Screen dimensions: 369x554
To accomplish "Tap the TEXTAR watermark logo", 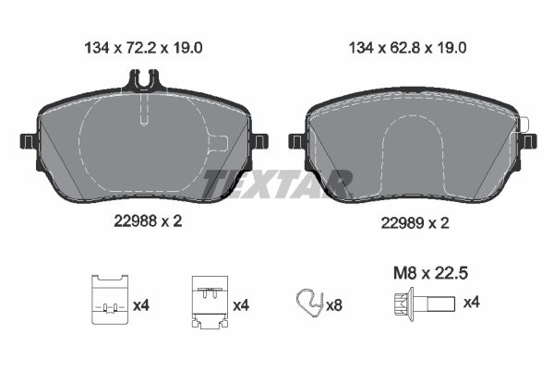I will tap(277, 184).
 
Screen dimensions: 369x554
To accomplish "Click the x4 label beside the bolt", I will tap(470, 302).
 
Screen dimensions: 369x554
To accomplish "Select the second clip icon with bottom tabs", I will tap(208, 302).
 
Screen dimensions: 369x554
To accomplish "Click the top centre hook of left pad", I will tap(141, 85).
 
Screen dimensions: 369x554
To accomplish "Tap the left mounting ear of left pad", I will tap(28, 141).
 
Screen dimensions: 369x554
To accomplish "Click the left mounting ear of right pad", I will tap(297, 141).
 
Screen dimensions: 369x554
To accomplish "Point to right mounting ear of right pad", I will tap(527, 141).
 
